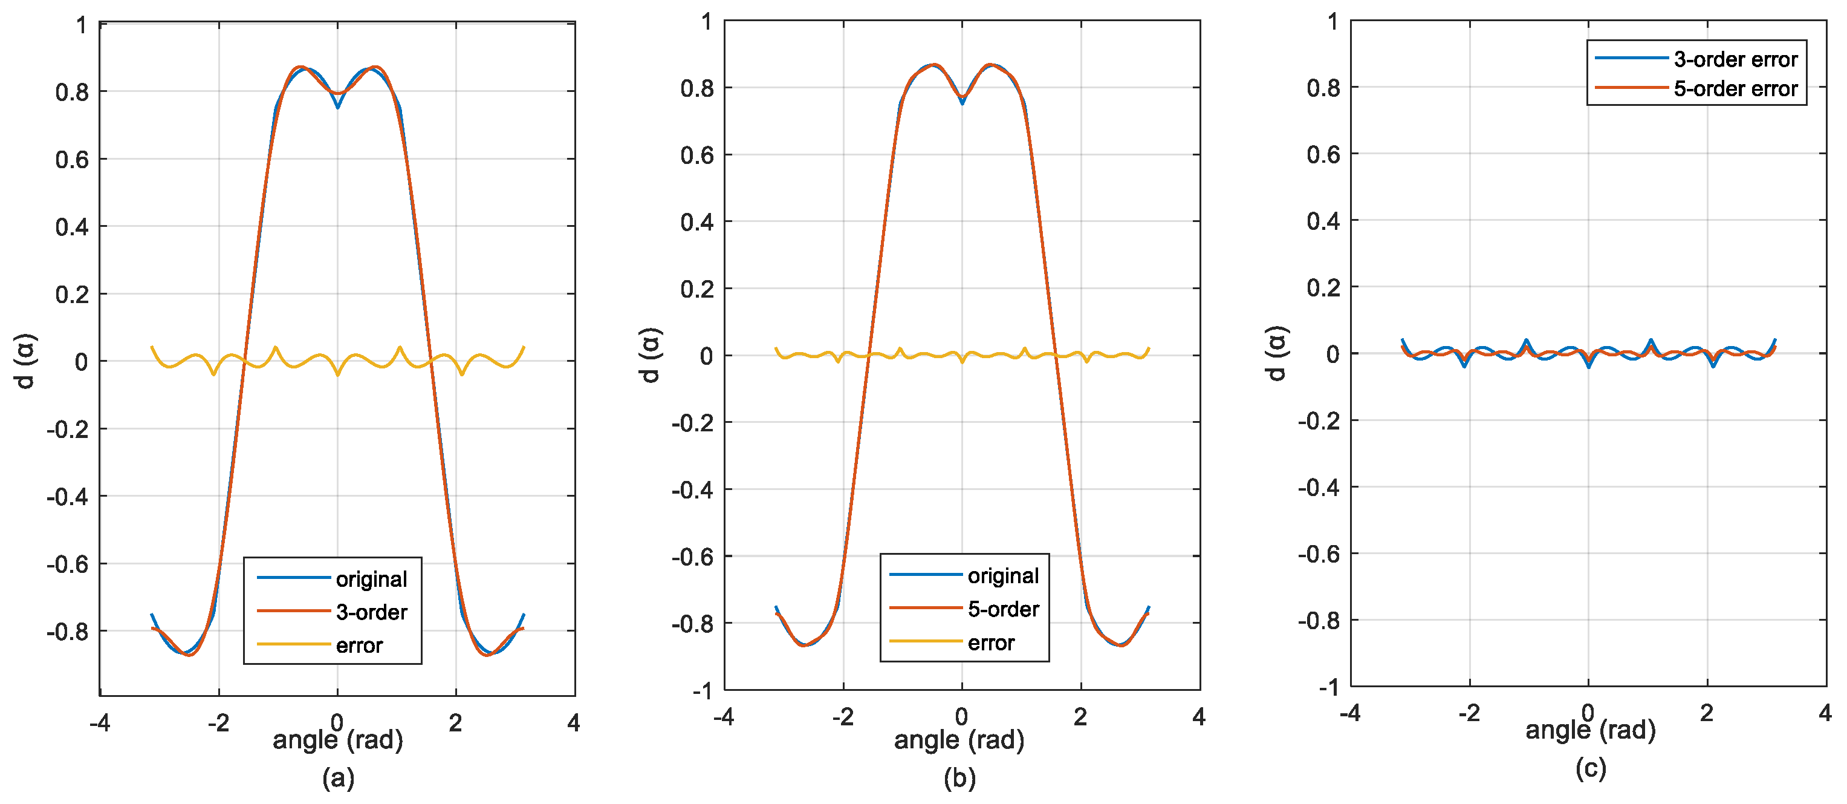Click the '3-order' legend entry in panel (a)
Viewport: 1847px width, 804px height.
(371, 612)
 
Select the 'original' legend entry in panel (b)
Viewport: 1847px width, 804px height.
(1002, 575)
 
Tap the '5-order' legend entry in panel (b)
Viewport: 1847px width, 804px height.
(1002, 609)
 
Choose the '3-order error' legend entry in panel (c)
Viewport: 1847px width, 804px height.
(1735, 59)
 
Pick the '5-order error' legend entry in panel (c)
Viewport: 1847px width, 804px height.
(1735, 89)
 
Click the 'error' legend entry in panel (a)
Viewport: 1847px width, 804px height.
(359, 645)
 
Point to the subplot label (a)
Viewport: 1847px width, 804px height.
(338, 777)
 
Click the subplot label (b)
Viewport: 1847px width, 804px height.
(959, 777)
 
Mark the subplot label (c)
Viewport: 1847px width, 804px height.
(1590, 768)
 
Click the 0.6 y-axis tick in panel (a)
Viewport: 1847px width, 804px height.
(72, 159)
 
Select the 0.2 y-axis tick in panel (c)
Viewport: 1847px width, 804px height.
(1323, 287)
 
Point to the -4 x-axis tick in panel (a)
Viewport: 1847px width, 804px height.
(100, 722)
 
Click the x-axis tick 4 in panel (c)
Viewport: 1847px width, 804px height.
(1825, 712)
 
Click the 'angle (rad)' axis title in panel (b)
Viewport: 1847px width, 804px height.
(959, 739)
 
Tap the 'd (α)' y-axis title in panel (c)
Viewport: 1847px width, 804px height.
(1276, 353)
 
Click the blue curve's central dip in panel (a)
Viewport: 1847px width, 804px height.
(338, 106)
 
